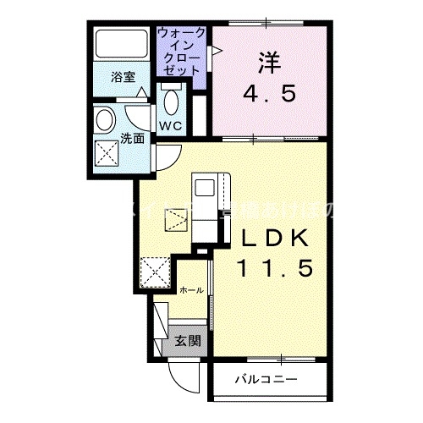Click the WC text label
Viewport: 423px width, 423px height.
click(x=172, y=126)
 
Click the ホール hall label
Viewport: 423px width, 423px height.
click(x=191, y=290)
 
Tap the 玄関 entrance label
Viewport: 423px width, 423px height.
click(x=187, y=342)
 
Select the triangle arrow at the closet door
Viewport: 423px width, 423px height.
click(x=217, y=51)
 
